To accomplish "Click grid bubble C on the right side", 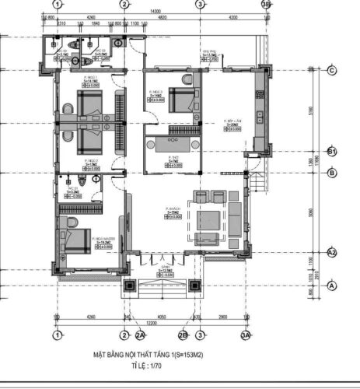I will [x=331, y=70].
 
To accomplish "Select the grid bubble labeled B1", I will [x=331, y=151].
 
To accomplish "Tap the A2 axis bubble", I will [x=332, y=253].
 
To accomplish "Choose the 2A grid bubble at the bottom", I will [x=141, y=335].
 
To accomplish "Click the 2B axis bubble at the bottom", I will [x=183, y=335].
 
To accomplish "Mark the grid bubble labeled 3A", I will [x=246, y=335].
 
